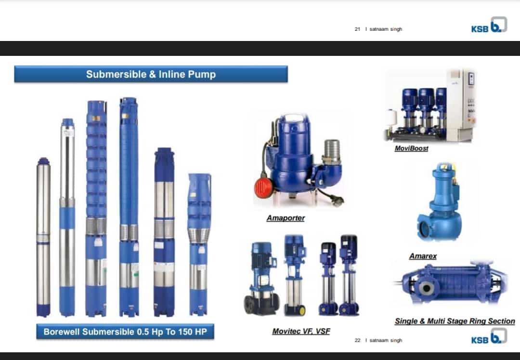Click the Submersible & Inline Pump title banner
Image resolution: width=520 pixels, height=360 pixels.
[x=151, y=74]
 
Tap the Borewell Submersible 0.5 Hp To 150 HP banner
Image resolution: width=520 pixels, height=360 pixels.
[x=125, y=332]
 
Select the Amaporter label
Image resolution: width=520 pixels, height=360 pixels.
[x=286, y=218]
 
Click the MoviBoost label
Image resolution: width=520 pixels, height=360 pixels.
[x=411, y=148]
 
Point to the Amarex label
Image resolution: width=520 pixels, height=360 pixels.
[x=423, y=256]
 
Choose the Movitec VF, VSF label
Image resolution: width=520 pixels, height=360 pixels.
[x=301, y=331]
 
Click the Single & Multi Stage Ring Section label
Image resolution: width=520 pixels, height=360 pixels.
[x=455, y=321]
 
